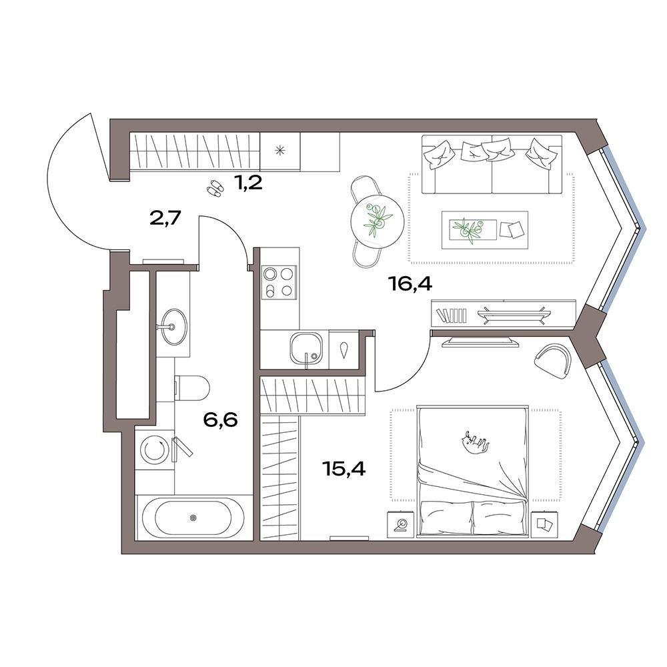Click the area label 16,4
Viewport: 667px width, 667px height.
coord(410,283)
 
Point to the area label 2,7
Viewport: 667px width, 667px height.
coord(165,219)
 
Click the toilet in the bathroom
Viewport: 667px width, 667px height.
coord(192,387)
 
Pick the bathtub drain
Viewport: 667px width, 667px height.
coord(193,518)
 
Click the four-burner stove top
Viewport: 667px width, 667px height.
coord(279,281)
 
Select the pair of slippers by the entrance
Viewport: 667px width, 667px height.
coord(215,189)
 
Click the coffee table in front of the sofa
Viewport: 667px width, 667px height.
coord(484,229)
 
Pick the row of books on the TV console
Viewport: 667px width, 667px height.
coord(451,315)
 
